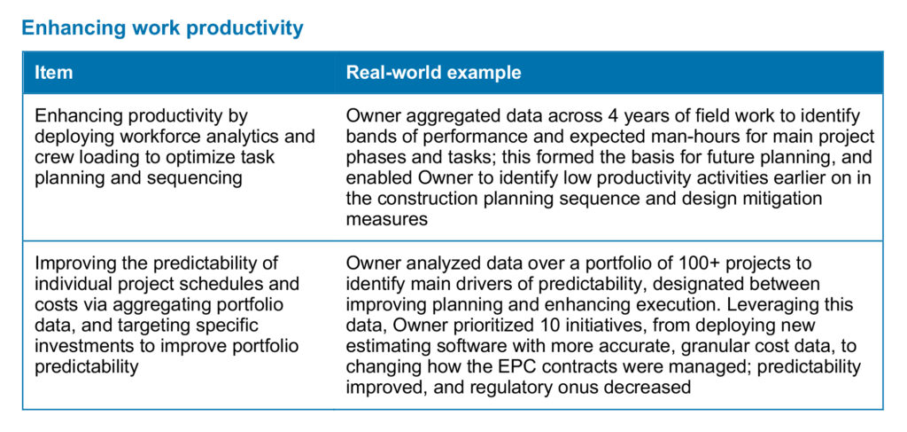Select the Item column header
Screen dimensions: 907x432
[54, 73]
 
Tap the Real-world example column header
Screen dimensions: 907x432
[433, 73]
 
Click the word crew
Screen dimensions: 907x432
[51, 158]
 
